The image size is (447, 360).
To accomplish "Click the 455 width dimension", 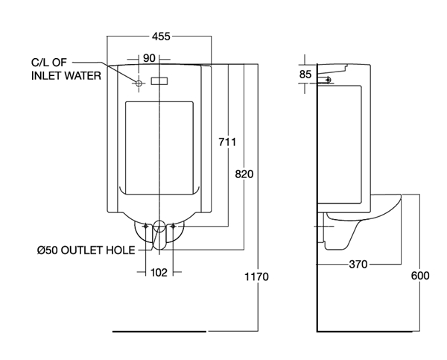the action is pos(161,37).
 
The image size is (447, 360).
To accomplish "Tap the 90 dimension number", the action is pos(149,58).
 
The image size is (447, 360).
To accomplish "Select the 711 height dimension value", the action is pos(227,142).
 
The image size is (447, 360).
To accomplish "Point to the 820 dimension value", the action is pos(244,174).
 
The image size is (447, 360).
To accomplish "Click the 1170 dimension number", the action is pos(256,277).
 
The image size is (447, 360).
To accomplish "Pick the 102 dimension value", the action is pos(159,273).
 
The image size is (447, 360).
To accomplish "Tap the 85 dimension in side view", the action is pos(305,75).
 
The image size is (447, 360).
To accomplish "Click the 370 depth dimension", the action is pos(358,265).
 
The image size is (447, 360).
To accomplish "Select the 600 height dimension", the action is pos(420,276).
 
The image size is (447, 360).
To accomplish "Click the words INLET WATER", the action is pos(66,76).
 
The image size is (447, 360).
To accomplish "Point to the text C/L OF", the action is pos(48,63).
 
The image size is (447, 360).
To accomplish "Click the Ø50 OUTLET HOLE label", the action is pos(86,250).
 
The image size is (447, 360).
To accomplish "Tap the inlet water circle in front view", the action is pos(139,83).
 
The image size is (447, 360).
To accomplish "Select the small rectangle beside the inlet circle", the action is pos(159,81).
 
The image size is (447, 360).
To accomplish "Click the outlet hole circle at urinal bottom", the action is pos(159,227).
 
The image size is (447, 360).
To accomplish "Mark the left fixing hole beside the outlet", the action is pos(146,227).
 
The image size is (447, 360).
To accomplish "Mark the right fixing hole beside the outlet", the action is pos(173,227).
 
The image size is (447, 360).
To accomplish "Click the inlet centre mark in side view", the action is pos(328,80).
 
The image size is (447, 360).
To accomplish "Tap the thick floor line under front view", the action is pos(159,332).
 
